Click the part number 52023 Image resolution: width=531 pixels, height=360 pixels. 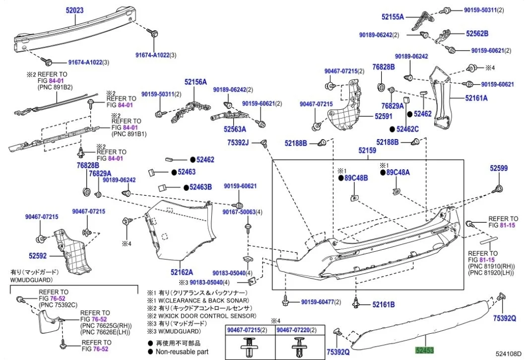click(75, 9)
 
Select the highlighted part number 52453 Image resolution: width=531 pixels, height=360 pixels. click(424, 350)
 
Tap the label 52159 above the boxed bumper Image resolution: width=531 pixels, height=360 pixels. click(368, 150)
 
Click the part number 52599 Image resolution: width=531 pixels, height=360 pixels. click(499, 168)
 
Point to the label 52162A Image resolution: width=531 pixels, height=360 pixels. click(182, 272)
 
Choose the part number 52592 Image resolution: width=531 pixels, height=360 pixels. click(37, 256)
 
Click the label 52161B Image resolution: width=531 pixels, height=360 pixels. click(383, 304)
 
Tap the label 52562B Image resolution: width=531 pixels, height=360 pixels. click(477, 33)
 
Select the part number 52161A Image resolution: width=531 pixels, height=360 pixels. click(476, 98)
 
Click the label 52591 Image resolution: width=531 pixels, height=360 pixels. click(369, 117)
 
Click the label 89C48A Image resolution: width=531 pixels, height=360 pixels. click(401, 172)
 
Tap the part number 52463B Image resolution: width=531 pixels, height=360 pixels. click(200, 187)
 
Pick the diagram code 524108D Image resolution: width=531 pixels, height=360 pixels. click(509, 354)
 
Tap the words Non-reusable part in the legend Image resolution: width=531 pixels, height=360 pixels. click(182, 352)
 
